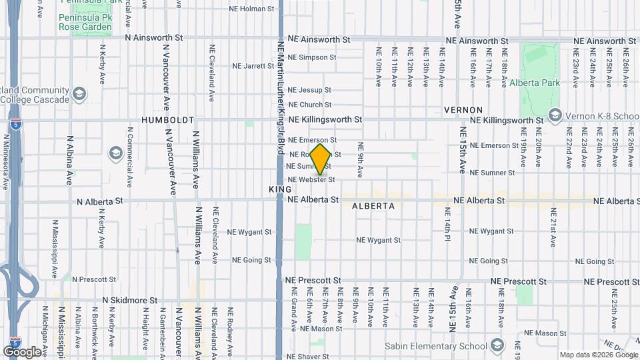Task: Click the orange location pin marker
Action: pyautogui.click(x=320, y=158)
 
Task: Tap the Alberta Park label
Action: pyautogui.click(x=535, y=83)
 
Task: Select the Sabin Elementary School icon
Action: pyautogui.click(x=496, y=345)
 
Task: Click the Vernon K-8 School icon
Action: pyautogui.click(x=555, y=116)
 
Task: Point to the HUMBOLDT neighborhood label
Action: pyautogui.click(x=167, y=120)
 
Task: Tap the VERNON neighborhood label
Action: pyautogui.click(x=463, y=109)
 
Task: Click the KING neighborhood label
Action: pyautogui.click(x=281, y=189)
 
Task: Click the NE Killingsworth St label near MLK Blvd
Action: pyautogui.click(x=326, y=119)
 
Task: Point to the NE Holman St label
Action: pyautogui.click(x=251, y=9)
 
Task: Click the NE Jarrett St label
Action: pyautogui.click(x=249, y=66)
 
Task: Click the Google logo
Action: pyautogui.click(x=22, y=351)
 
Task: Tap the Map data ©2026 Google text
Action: pyautogui.click(x=598, y=355)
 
